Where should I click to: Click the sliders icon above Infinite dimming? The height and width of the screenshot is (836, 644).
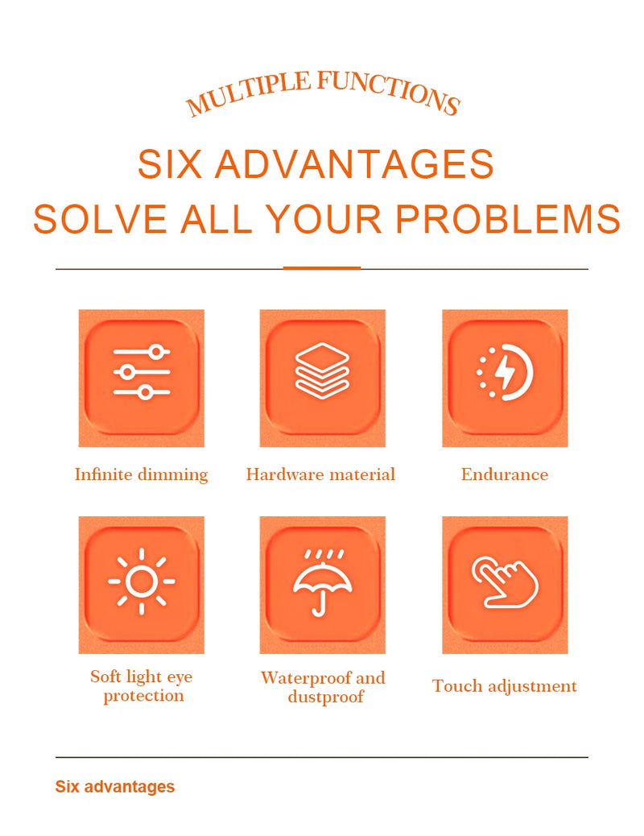(x=142, y=372)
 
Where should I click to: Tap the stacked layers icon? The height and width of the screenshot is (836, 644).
(x=322, y=370)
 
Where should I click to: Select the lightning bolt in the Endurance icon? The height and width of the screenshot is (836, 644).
(x=505, y=372)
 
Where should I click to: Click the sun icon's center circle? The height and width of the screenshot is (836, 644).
(x=142, y=581)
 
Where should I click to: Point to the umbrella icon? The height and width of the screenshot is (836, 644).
(x=323, y=583)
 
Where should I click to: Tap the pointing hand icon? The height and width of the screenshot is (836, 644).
(x=505, y=582)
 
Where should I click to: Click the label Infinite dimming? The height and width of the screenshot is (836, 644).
(x=141, y=474)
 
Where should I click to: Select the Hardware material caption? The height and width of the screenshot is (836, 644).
(x=320, y=474)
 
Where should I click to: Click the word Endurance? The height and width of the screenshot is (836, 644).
(x=504, y=474)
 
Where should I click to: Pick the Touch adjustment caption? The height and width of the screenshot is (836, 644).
(x=504, y=686)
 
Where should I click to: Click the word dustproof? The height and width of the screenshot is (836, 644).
(x=326, y=697)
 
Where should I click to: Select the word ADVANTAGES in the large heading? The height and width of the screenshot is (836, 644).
(x=354, y=164)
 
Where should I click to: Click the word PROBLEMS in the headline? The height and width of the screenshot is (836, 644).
(x=508, y=218)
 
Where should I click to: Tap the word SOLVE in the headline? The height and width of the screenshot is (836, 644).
(x=100, y=218)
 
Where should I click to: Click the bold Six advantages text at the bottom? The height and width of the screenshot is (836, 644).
(x=115, y=787)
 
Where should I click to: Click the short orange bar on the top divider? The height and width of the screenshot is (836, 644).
(x=322, y=267)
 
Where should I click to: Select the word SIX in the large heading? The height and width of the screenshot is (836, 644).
(x=170, y=164)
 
